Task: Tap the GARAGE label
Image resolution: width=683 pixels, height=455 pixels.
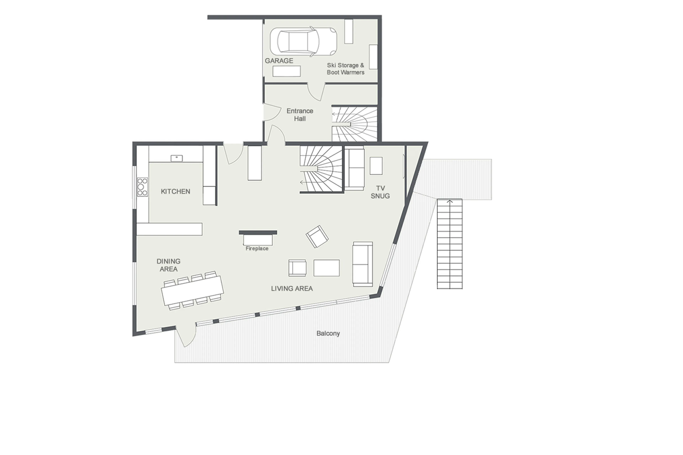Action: coord(279,61)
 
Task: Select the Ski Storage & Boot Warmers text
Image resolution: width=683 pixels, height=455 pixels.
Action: coord(345,69)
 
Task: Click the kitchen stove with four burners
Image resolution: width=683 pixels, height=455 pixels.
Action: coord(142,187)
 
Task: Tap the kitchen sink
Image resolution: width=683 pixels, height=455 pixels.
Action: coord(176,158)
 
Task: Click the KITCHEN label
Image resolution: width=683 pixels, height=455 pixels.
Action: coord(175,191)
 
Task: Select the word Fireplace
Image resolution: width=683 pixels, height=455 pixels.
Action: coord(257,249)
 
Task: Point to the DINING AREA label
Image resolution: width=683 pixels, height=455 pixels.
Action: coord(168,265)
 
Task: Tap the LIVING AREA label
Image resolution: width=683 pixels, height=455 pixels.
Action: coord(292,288)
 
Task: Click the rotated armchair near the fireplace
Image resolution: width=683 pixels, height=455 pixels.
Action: coord(317,236)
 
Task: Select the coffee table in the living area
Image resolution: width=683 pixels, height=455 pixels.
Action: coord(326,268)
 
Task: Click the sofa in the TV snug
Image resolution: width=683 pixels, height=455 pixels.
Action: coord(354,169)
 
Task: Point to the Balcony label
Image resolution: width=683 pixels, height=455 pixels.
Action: coord(328,333)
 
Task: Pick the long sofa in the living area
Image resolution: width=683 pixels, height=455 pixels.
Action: coord(362,264)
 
